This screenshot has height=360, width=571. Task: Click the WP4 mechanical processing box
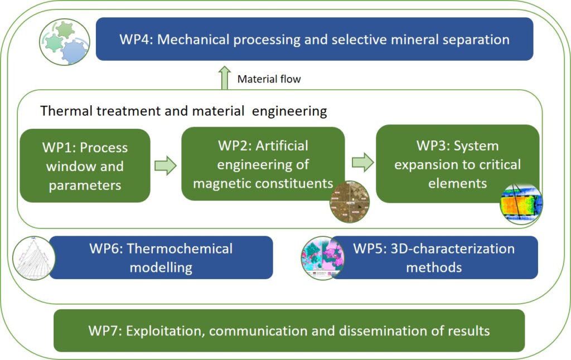[x=314, y=39]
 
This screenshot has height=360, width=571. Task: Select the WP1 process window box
[x=85, y=166]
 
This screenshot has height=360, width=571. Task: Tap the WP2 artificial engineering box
[x=263, y=164]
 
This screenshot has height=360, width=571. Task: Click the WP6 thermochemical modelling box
[x=161, y=257]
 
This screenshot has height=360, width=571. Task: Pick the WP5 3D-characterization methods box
[x=434, y=257]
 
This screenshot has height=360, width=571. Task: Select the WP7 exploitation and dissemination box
[x=289, y=330]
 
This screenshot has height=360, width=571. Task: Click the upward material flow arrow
[x=224, y=77]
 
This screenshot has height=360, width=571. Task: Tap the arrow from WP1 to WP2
[x=165, y=166]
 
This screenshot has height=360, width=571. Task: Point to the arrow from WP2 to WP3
[x=363, y=162]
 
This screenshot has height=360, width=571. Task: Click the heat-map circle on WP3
[x=521, y=203]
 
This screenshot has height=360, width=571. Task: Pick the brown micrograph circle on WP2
[x=350, y=201]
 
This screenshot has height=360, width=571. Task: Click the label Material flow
[x=269, y=79]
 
